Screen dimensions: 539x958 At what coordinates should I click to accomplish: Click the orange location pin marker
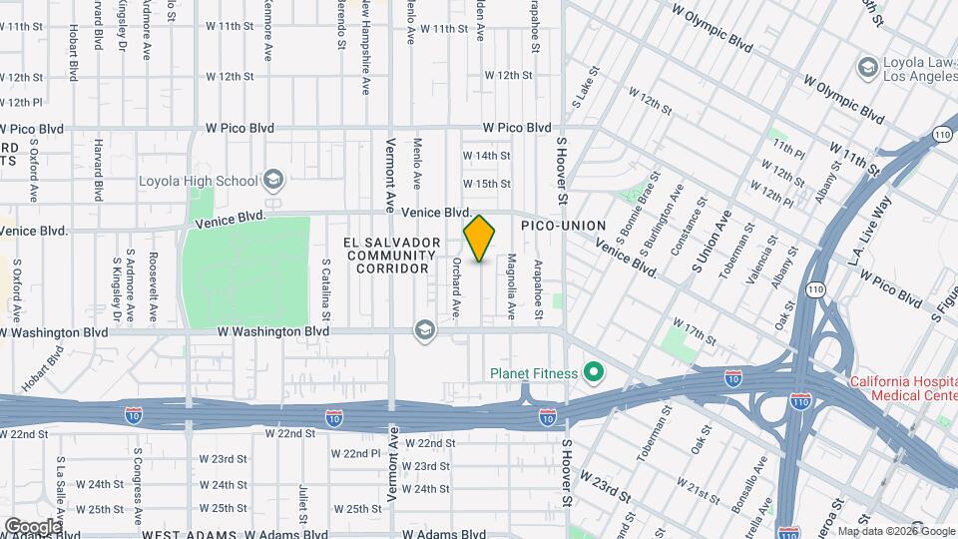point(480,239)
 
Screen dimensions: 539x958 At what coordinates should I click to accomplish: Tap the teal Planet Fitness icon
point(595,374)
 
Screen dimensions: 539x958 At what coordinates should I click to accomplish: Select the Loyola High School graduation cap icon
point(272,181)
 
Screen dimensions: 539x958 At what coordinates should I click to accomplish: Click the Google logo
point(32,526)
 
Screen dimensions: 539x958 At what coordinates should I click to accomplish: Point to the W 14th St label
point(486,156)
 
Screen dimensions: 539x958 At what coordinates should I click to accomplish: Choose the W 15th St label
point(486,184)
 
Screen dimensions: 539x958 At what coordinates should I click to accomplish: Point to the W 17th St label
point(695,332)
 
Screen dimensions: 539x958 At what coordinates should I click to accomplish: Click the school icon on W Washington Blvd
point(426,330)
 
